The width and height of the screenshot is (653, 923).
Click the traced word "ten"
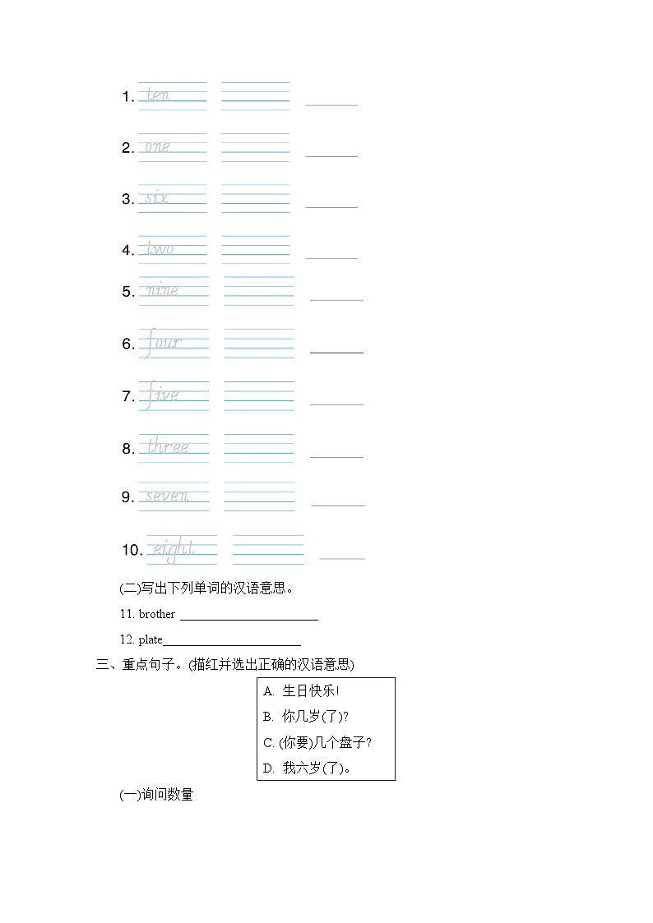coord(158,96)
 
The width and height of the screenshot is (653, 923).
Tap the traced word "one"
coord(157,147)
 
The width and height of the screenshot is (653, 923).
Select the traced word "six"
coord(157,198)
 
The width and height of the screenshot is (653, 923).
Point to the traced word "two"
coord(160,249)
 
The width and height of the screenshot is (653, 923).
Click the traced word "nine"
coord(161,290)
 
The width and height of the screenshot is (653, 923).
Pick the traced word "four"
coord(163,343)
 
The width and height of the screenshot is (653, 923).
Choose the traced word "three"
coord(168,447)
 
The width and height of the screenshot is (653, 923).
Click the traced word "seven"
coord(167,496)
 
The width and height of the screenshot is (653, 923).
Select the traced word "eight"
coord(173,549)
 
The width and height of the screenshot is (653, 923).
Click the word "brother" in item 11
coord(157,614)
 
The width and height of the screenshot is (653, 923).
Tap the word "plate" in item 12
coord(151,639)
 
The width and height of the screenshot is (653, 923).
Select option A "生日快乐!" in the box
coord(302,691)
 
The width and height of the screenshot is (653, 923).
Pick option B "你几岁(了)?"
coord(306,717)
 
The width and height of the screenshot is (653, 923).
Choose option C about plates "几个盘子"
coord(317,743)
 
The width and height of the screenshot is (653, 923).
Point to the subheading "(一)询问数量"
coord(156,795)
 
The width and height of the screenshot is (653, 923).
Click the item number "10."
coord(132,550)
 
